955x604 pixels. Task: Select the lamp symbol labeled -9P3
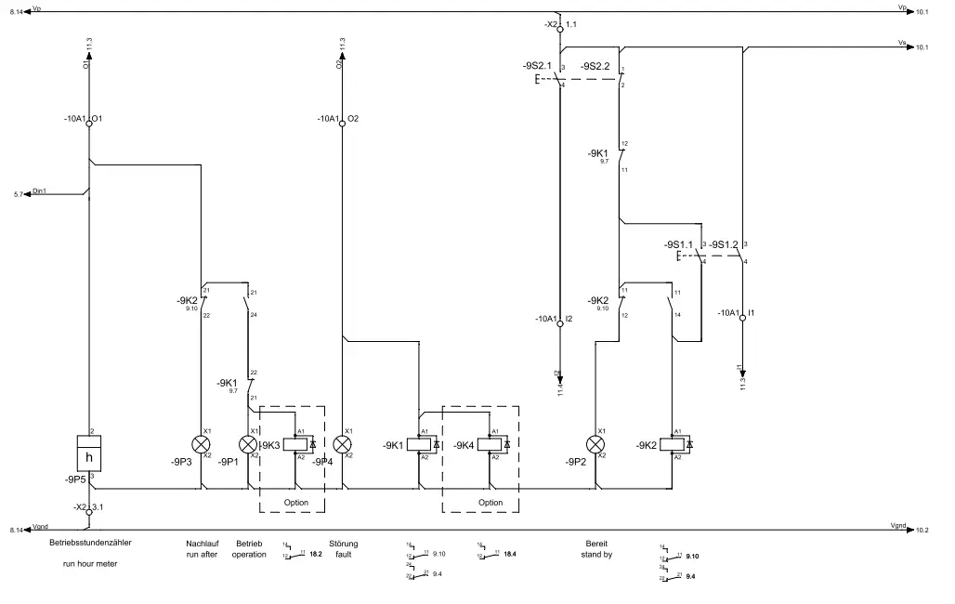click(x=198, y=443)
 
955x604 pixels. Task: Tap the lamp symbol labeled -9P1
click(x=248, y=443)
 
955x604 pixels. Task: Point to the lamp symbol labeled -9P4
click(x=342, y=443)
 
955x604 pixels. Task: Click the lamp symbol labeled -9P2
click(x=595, y=443)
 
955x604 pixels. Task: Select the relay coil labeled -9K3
click(x=295, y=444)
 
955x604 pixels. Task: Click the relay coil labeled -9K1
click(x=419, y=444)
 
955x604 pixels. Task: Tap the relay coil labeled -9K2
click(x=672, y=444)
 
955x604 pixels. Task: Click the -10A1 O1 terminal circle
click(x=89, y=123)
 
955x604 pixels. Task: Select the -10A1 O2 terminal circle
click(x=342, y=123)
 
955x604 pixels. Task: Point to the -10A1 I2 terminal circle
click(x=559, y=323)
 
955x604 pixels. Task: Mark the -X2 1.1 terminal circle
click(x=559, y=30)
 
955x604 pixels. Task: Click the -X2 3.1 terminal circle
click(x=89, y=511)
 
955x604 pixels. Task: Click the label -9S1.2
click(x=724, y=244)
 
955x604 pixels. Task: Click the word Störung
click(x=343, y=544)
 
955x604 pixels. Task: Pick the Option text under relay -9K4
click(x=491, y=503)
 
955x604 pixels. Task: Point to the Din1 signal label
click(x=39, y=190)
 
